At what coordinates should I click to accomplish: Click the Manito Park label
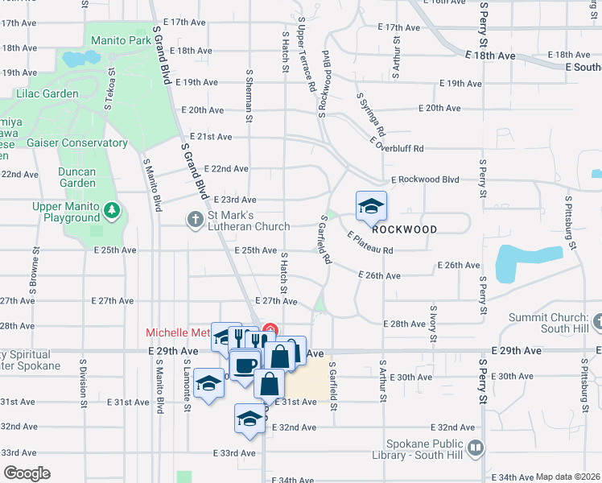[121, 40]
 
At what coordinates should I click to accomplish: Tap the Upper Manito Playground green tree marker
[111, 213]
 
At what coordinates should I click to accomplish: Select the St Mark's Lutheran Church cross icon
[195, 219]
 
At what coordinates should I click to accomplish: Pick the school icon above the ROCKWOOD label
[371, 207]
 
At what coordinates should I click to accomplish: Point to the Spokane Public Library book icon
[476, 447]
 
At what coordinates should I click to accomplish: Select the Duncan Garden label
[76, 177]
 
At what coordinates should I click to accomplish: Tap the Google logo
[27, 473]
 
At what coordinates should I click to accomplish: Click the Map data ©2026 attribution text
[567, 477]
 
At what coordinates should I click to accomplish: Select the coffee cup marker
[245, 365]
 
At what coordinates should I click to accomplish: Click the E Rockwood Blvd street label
[424, 180]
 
